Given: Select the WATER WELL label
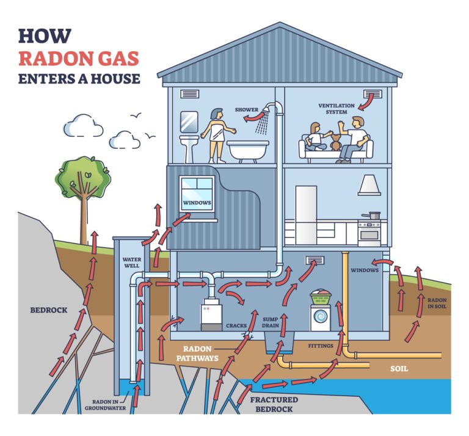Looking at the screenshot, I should click(131, 263).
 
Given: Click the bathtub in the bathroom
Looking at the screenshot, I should click(247, 150).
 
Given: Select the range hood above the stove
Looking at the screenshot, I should click(369, 185).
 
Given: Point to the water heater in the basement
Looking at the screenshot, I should click(211, 314).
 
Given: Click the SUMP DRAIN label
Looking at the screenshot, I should click(271, 322).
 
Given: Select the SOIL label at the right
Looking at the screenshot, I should click(399, 369).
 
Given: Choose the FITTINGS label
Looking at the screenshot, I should click(321, 346).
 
